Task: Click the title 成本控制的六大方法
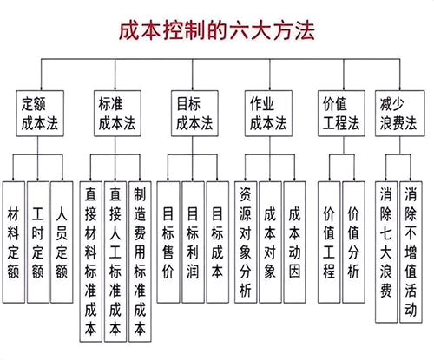(x=217, y=29)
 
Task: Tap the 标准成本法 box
(x=115, y=110)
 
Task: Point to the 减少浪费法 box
(x=398, y=110)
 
